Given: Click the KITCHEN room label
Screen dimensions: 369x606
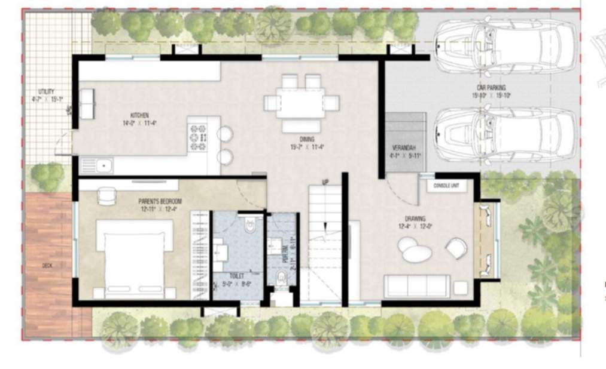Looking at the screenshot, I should (x=139, y=115).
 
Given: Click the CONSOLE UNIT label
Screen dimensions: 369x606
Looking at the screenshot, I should (x=446, y=186).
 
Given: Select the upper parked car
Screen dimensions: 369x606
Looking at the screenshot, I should (x=505, y=47).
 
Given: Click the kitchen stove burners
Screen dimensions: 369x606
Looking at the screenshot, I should (x=198, y=137).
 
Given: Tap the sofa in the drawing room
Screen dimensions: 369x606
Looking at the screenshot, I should (x=417, y=285).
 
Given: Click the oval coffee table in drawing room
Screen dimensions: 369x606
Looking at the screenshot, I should (x=417, y=253).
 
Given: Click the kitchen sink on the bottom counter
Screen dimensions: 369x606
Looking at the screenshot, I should (x=97, y=165).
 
